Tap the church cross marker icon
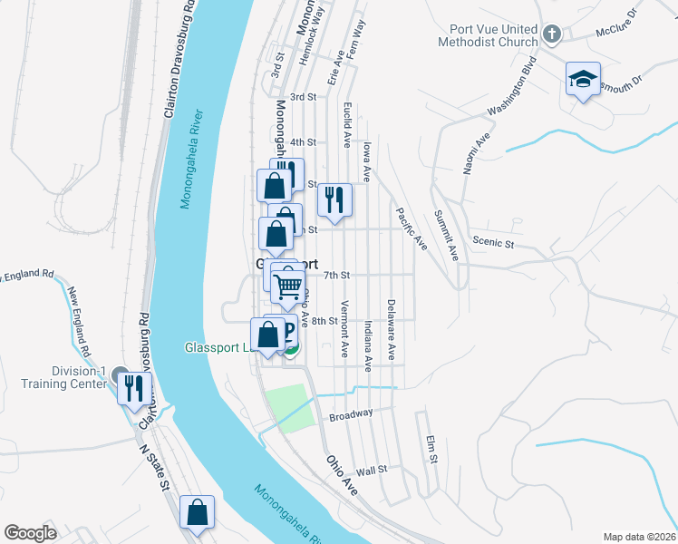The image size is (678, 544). [x=552, y=35]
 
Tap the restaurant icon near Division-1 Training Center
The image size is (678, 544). [x=132, y=388]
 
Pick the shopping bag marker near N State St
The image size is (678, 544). [x=197, y=514]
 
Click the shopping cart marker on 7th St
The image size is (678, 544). [x=288, y=287]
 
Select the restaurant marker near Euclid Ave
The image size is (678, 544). [x=334, y=199]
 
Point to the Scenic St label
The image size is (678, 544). [x=493, y=243]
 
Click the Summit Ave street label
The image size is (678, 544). [x=446, y=235]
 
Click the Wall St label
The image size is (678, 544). [x=372, y=470]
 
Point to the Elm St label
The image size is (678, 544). [x=431, y=450]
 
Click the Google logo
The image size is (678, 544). [x=30, y=532]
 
